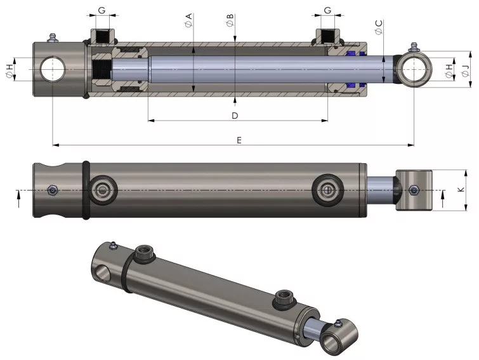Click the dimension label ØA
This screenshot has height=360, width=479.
click(x=189, y=20)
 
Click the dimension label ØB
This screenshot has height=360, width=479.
click(x=230, y=20)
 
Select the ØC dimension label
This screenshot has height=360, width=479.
click(x=379, y=27)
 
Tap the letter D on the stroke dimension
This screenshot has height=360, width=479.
click(x=235, y=116)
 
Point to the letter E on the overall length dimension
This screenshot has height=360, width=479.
click(x=239, y=140)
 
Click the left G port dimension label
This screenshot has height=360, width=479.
click(x=102, y=10)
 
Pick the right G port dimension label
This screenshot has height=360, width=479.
click(x=327, y=10)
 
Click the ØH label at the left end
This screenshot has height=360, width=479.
click(x=10, y=71)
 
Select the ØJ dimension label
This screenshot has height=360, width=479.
click(x=465, y=71)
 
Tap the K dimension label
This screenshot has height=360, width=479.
click(x=461, y=189)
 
